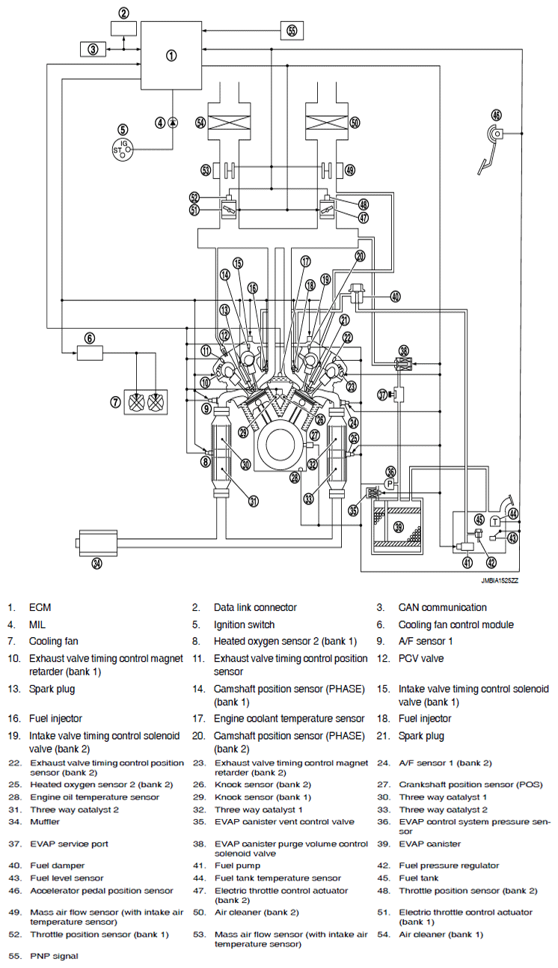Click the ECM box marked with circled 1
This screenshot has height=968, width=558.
point(171,55)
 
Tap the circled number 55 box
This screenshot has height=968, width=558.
point(292,31)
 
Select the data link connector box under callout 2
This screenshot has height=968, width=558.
point(123,28)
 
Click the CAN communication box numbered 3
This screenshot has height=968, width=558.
point(93,49)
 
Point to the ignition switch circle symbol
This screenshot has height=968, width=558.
point(123,150)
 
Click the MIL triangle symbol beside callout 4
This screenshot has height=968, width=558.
point(173,123)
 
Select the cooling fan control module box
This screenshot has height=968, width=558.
point(90,353)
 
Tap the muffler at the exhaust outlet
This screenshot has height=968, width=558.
point(97,543)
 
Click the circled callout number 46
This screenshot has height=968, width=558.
point(496,115)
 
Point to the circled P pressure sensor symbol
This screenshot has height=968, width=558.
point(390,484)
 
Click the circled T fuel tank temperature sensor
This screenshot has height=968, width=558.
point(495,522)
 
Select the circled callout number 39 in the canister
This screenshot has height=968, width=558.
point(399,526)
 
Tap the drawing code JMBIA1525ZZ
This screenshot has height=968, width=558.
point(500,580)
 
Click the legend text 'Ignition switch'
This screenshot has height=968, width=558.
point(244,624)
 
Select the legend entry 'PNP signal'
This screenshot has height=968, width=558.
point(54,956)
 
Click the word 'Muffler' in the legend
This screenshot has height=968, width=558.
point(44,821)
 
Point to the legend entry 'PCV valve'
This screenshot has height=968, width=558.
point(421,658)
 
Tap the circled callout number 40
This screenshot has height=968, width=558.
point(395,296)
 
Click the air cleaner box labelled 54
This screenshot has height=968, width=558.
point(230,121)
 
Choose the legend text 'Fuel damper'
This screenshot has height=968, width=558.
point(58,865)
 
